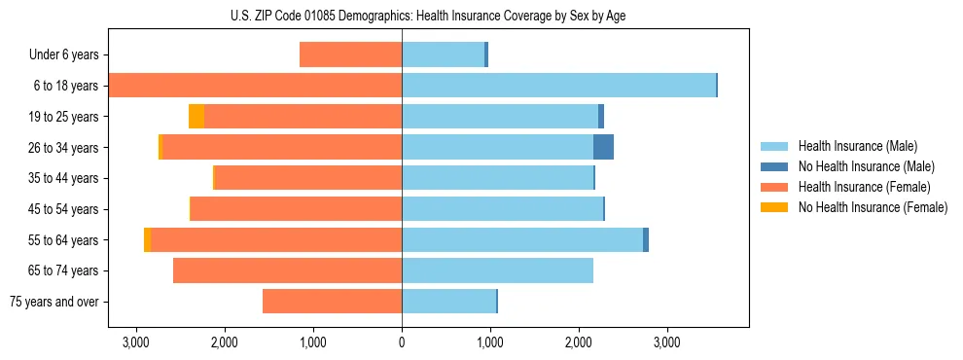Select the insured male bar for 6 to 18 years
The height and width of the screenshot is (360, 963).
(x=558, y=86)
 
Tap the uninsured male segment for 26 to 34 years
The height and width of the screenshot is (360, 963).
(x=603, y=147)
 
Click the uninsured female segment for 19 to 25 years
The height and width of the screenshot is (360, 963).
(x=196, y=117)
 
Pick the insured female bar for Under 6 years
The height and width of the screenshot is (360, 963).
(x=350, y=54)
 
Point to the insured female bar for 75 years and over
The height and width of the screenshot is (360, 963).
(x=332, y=302)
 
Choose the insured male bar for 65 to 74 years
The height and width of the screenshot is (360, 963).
(x=497, y=270)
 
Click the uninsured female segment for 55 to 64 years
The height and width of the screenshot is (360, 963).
(x=147, y=240)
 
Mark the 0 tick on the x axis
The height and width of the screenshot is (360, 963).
(x=402, y=342)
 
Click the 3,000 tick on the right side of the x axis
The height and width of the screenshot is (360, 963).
(x=666, y=342)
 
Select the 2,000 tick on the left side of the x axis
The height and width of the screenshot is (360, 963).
(x=225, y=342)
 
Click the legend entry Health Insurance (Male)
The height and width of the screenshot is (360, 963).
(x=857, y=146)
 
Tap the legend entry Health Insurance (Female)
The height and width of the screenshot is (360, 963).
(x=864, y=187)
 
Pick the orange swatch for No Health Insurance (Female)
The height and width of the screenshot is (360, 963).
(x=774, y=207)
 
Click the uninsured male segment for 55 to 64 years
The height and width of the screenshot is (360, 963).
(x=646, y=240)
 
